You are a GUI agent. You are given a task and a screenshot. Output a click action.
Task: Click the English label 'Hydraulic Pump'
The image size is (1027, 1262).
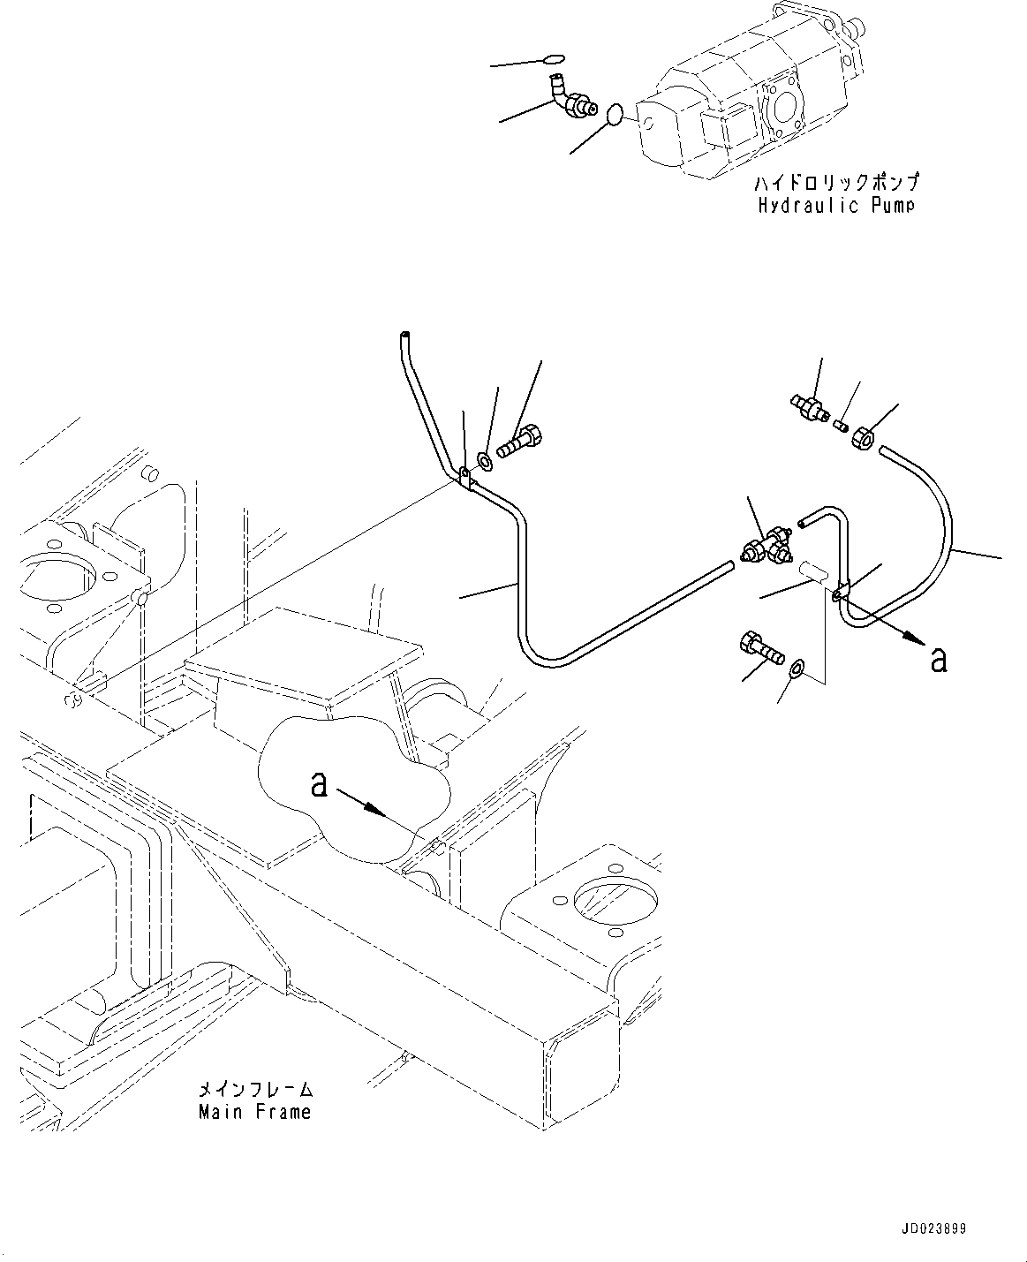[x=835, y=205]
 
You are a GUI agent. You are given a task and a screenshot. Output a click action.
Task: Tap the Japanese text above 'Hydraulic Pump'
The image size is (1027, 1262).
[x=835, y=184]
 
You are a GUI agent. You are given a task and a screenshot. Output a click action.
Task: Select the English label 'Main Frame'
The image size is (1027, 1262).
[x=254, y=1111]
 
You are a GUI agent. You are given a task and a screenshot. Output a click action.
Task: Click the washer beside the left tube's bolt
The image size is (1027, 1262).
[x=486, y=460]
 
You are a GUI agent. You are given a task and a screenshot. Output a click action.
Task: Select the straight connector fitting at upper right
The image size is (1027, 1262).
[x=809, y=406]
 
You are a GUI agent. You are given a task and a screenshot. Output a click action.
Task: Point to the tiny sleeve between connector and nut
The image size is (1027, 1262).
[x=842, y=426]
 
